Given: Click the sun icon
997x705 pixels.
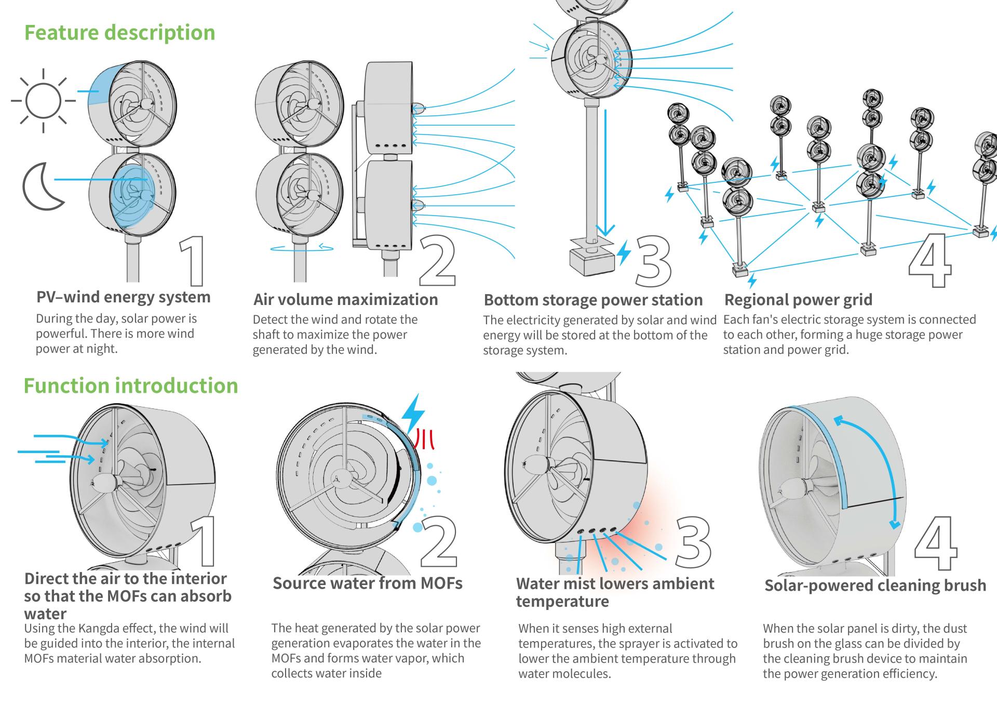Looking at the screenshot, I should click(x=43, y=100).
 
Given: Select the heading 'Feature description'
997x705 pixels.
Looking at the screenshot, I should click(x=119, y=33).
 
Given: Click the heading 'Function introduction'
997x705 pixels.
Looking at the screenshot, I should click(x=130, y=386).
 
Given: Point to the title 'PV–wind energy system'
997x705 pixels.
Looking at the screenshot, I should click(x=124, y=297).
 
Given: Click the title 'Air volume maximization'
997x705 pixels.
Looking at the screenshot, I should click(x=345, y=300).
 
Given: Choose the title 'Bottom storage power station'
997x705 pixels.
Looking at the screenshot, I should click(x=593, y=300).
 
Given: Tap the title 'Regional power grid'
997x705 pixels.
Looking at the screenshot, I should click(x=798, y=300).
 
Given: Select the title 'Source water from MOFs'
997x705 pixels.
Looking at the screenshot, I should click(x=368, y=583).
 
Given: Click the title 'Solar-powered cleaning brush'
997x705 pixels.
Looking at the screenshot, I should click(x=875, y=586).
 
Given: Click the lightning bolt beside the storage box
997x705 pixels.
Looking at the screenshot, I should click(x=624, y=253).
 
